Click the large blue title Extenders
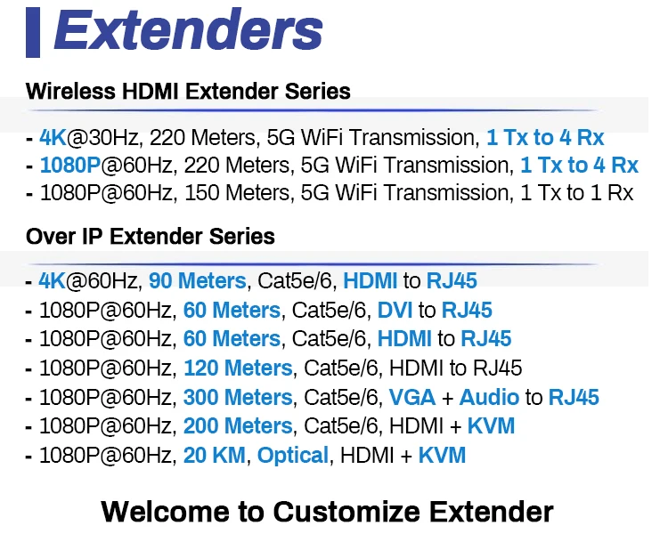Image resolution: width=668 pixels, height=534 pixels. coord(188,29)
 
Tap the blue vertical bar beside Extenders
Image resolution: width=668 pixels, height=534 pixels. coord(33,32)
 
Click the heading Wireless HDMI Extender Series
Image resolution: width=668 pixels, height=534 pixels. coord(188,91)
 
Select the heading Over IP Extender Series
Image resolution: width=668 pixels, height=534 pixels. coord(151,237)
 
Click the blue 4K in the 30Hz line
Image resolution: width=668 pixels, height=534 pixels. coord(53,138)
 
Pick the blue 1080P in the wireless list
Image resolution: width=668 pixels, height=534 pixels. coord(69,166)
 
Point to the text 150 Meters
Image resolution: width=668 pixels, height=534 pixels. coord(237,193)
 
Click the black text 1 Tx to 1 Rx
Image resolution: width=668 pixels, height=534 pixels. coord(577,193)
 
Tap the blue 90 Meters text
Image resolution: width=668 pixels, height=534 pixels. coord(198,281)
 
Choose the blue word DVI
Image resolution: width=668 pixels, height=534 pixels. coord(395,310)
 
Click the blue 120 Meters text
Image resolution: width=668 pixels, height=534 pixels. coord(238,368)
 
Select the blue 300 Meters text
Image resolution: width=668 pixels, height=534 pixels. coord(238,397)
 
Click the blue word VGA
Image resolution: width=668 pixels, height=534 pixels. coord(412,397)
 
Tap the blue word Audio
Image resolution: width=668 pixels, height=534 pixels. coord(489,397)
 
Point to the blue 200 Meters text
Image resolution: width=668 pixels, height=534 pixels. coord(238,425)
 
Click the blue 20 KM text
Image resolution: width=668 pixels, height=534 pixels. coord(215,455)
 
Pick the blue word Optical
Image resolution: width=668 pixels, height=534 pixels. coord(293,455)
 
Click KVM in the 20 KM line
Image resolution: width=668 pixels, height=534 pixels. coord(442,455)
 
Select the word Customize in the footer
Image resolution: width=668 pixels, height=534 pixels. coord(346,512)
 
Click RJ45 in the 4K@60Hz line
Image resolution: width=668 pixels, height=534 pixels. coord(452,281)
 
